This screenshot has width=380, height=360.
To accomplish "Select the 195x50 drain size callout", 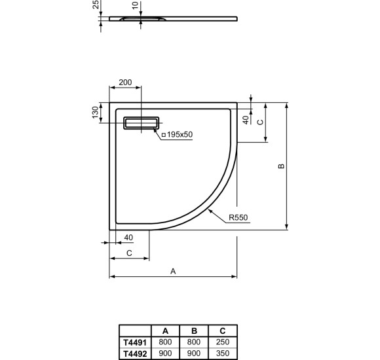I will pyautogui.click(x=177, y=134).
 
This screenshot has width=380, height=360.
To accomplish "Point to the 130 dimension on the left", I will pyautogui.click(x=95, y=113).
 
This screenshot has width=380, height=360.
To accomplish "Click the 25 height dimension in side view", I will pyautogui.click(x=96, y=5).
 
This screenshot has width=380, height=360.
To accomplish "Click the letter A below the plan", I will pyautogui.click(x=173, y=270).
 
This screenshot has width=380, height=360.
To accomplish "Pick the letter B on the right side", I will pyautogui.click(x=280, y=166).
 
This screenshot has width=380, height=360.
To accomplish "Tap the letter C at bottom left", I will pyautogui.click(x=129, y=252).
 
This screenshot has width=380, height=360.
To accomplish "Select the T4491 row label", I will pyautogui.click(x=135, y=342).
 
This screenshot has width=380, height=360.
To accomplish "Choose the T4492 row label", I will pyautogui.click(x=135, y=352).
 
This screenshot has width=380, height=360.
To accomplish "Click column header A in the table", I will pyautogui.click(x=165, y=331).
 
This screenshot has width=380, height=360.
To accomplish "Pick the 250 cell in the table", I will pyautogui.click(x=223, y=342).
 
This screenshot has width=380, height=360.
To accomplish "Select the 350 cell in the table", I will pyautogui.click(x=223, y=352).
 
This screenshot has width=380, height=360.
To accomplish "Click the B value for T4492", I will pyautogui.click(x=194, y=352).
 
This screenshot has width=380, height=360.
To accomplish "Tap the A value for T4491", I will pyautogui.click(x=165, y=342).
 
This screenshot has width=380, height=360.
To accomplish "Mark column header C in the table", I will pyautogui.click(x=223, y=331).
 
